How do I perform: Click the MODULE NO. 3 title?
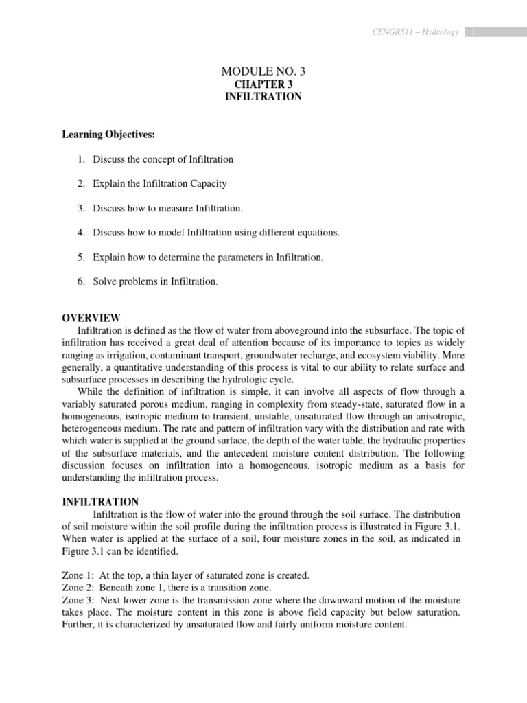tap(263, 71)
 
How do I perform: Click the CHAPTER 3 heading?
tap(263, 84)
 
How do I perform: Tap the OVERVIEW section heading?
tap(91, 318)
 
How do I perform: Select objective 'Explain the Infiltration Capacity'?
tap(160, 184)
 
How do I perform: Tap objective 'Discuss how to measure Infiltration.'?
tap(168, 208)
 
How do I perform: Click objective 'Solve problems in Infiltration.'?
tap(155, 281)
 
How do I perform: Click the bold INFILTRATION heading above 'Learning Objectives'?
tap(263, 97)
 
